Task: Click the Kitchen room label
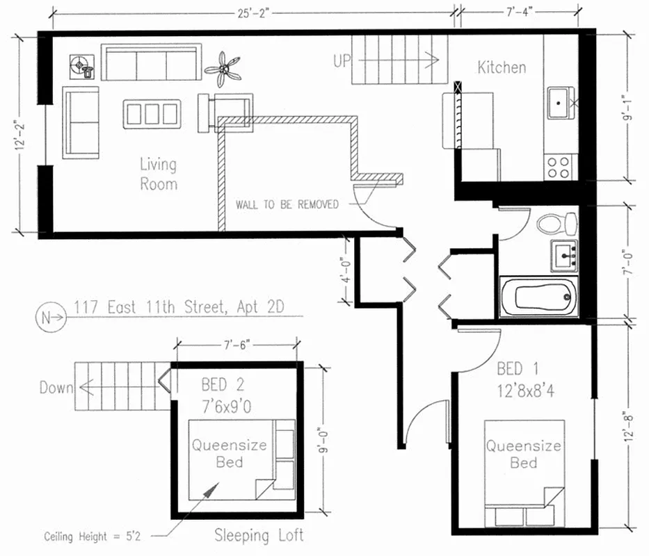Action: coord(501,67)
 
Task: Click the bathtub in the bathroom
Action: coord(539,296)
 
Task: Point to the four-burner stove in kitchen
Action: coord(559,167)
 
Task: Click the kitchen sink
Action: coord(560,103)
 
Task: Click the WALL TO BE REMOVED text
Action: coord(287,204)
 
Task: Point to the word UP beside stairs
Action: coord(342,61)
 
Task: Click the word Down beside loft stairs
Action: coord(56,387)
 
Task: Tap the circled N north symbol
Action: coord(46,318)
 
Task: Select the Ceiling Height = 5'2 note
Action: coord(86,537)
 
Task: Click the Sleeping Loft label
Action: coord(259,535)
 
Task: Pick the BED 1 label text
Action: coord(517,368)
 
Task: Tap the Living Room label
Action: coord(158,174)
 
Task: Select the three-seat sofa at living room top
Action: coord(152,64)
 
